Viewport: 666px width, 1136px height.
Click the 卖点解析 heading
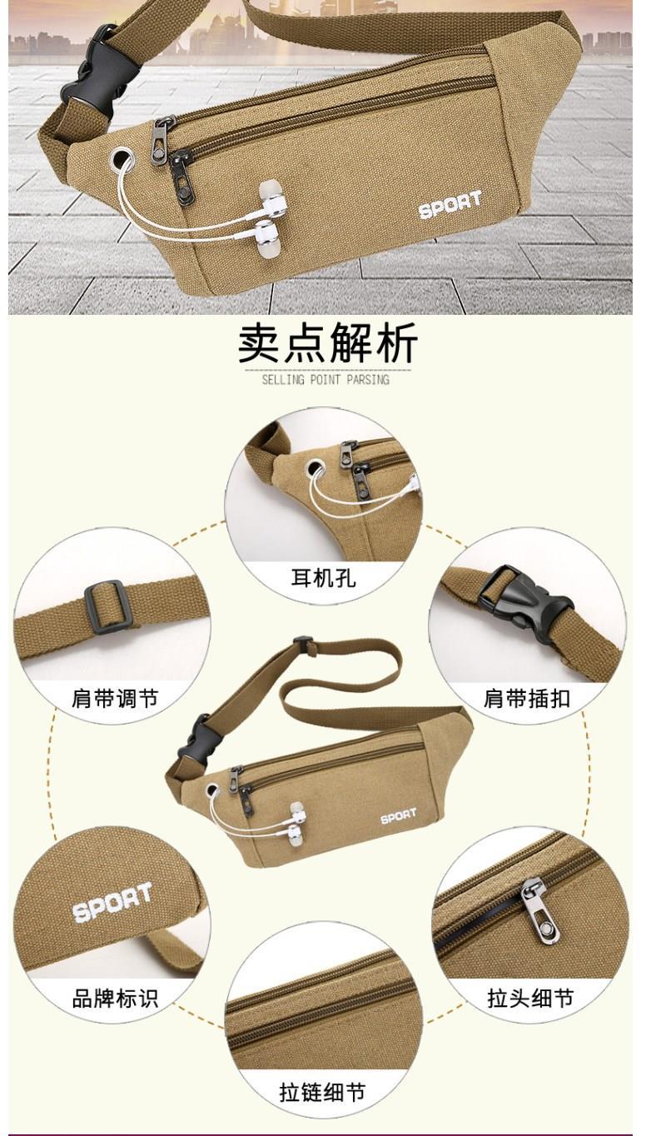coord(328,343)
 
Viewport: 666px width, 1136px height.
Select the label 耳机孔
coord(323,578)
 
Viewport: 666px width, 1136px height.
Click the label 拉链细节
coord(322,1092)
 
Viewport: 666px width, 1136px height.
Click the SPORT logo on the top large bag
coord(450,204)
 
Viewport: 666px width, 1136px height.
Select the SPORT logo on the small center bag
coord(399,816)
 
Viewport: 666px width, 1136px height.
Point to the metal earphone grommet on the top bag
coord(122,160)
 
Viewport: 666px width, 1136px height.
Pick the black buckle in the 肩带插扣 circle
coord(526,604)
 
